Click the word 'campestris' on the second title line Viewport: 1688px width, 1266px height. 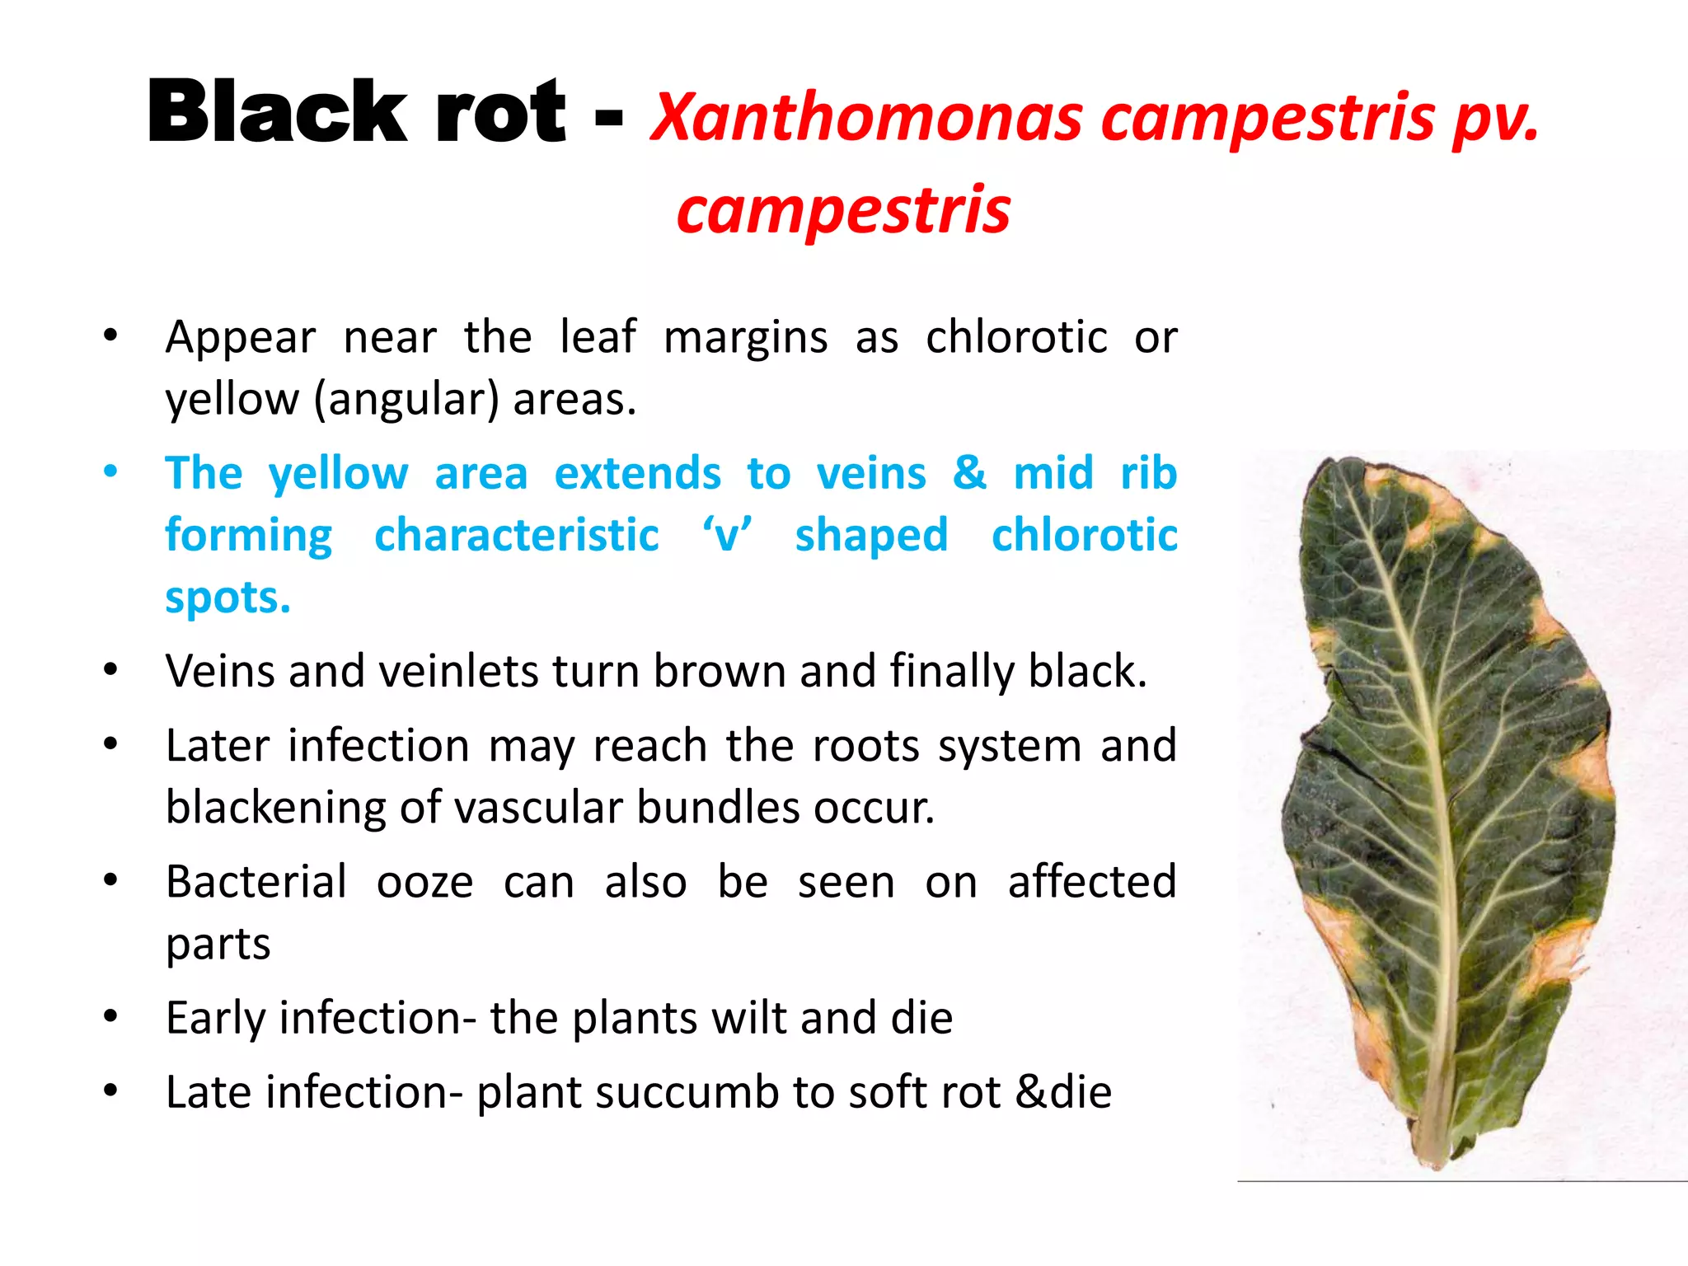click(x=843, y=209)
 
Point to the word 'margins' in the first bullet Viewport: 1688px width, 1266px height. click(x=745, y=337)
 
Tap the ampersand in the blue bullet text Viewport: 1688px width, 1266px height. click(x=969, y=472)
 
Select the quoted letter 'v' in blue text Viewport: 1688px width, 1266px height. click(x=726, y=536)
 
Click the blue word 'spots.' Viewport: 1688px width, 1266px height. click(x=228, y=597)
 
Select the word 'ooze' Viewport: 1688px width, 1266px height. click(x=424, y=881)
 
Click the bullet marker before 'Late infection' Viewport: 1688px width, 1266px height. click(x=110, y=1091)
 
